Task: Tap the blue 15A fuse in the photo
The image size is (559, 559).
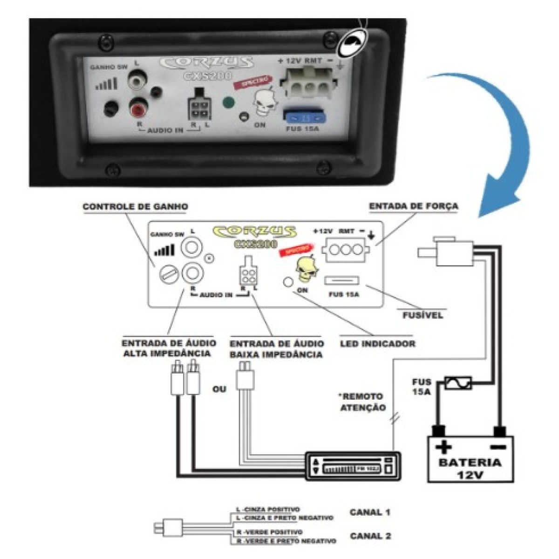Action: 303,116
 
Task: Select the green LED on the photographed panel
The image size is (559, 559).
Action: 228,102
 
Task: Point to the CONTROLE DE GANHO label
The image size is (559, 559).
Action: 135,206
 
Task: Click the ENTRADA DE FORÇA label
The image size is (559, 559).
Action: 413,206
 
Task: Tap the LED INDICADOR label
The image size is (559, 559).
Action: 377,344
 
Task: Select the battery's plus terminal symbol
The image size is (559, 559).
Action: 443,448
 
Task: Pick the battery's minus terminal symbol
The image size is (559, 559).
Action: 498,447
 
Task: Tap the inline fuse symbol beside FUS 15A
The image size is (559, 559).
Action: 458,383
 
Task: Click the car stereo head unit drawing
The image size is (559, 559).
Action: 353,465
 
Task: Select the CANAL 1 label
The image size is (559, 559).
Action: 370,512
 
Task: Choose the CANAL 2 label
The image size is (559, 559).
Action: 370,536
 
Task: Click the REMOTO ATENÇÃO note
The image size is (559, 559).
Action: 362,402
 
